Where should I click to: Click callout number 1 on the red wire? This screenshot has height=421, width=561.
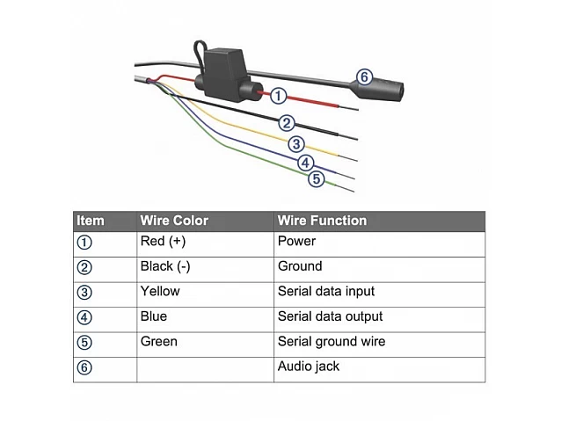click(x=278, y=96)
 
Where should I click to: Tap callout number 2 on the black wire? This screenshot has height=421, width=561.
click(x=287, y=123)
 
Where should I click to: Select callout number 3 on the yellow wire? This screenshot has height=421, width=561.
click(x=296, y=144)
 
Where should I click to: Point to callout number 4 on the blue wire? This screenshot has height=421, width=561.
click(x=305, y=163)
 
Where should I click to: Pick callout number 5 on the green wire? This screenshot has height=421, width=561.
click(x=317, y=178)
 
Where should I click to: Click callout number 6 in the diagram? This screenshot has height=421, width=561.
click(x=364, y=76)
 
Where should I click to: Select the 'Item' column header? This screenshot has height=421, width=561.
click(x=91, y=221)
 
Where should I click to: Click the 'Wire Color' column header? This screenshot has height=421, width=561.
click(x=174, y=221)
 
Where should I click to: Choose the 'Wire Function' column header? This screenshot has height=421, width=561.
click(x=322, y=221)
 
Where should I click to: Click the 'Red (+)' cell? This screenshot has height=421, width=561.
click(x=163, y=242)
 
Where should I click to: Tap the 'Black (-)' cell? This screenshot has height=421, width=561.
click(x=165, y=266)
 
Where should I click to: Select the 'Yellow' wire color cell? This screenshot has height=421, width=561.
click(x=160, y=291)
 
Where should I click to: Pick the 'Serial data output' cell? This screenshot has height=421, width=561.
click(x=330, y=316)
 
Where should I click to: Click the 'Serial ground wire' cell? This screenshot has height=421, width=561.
click(x=331, y=342)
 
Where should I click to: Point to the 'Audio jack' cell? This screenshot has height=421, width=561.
click(x=309, y=367)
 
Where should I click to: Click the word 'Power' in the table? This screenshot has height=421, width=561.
click(x=296, y=242)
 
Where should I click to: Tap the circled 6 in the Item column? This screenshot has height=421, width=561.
click(x=84, y=367)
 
